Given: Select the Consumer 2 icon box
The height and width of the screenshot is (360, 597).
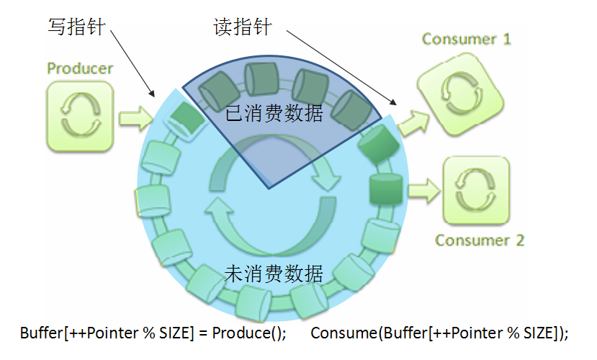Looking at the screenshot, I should tap(475, 191).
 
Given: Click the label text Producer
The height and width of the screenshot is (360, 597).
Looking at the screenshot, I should tap(80, 68).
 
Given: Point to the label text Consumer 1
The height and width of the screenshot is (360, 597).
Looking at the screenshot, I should tap(466, 39).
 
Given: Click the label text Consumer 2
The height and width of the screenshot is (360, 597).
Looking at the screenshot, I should tap(480, 240).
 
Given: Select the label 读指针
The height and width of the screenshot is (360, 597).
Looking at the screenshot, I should tap(242, 27).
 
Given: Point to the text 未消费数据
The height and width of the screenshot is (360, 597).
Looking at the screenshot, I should tap(273, 274).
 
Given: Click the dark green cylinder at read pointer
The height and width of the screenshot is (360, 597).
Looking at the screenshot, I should tap(377, 143).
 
